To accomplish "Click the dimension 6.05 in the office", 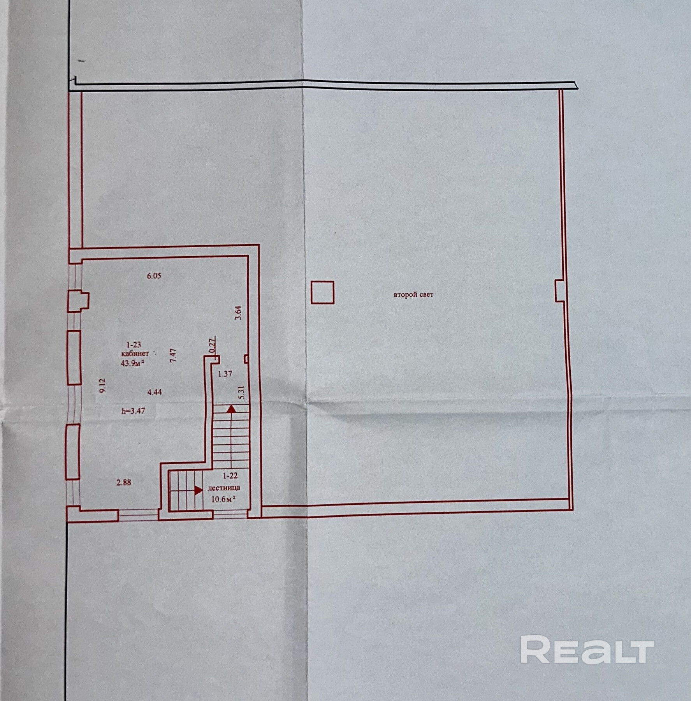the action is click(154, 276).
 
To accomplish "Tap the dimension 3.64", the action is click(239, 312).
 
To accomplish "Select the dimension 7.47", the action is click(174, 355).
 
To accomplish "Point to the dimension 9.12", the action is click(102, 386).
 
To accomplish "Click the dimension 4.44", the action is click(155, 392).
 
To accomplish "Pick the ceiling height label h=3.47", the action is click(133, 410).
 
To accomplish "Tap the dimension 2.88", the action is click(124, 483).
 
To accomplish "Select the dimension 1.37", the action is click(225, 374).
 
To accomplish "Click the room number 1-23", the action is click(134, 345).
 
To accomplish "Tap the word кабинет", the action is click(135, 354).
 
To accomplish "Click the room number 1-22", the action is click(230, 476).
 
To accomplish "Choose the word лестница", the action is click(224, 488).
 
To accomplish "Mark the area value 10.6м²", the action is click(223, 499).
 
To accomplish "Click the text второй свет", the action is click(413, 294).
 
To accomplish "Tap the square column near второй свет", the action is click(322, 292).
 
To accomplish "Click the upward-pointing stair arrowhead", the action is click(231, 409).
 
